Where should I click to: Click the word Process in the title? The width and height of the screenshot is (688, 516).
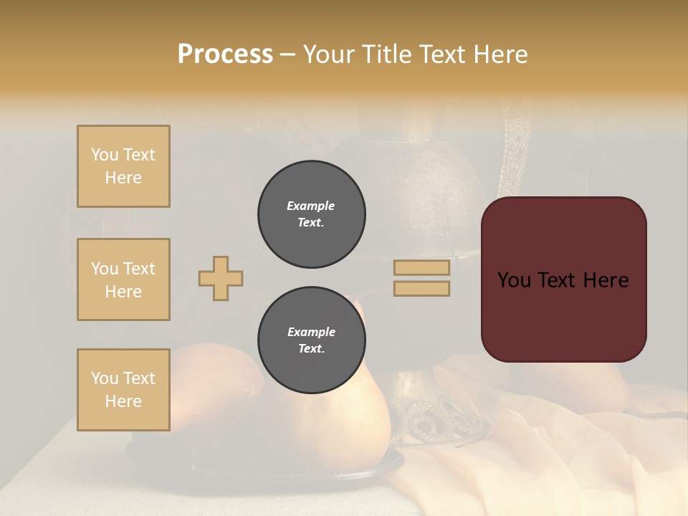225,54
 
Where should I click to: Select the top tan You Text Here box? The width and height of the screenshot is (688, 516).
123,166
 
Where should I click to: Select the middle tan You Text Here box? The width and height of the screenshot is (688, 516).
123,279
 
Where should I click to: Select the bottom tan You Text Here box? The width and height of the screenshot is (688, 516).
123,390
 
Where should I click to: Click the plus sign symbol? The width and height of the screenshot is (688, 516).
221,278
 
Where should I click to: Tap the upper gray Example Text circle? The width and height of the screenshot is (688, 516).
312,214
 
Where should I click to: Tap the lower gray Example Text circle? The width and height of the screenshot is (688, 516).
312,340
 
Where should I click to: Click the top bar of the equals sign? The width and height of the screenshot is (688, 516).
421,268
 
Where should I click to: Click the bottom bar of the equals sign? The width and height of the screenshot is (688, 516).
421,289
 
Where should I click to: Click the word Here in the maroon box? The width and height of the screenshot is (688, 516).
606,280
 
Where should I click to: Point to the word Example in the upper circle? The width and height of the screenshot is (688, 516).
310,206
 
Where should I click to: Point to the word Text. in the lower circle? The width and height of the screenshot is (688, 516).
312,349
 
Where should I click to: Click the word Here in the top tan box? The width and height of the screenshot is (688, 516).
123,178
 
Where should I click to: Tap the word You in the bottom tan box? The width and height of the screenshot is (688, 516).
105,378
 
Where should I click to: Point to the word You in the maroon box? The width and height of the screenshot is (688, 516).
514,280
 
